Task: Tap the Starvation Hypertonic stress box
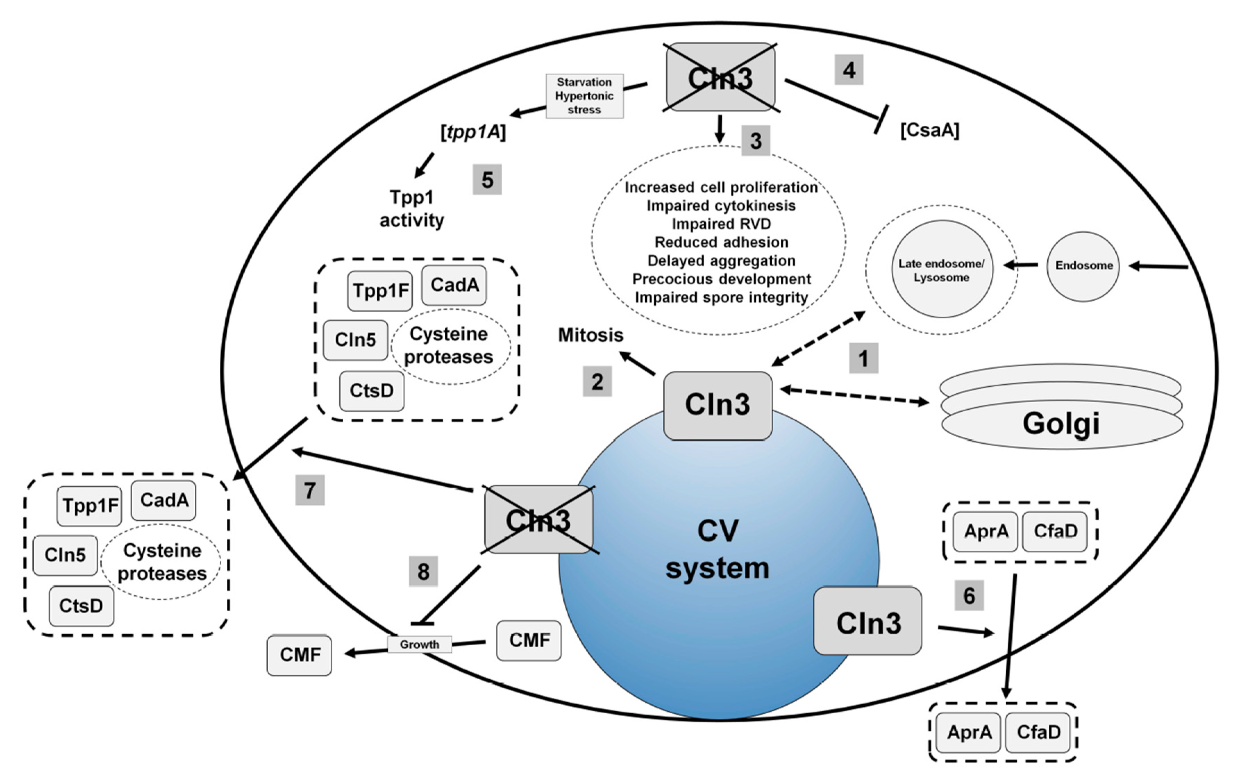tap(584, 96)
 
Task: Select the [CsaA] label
tap(929, 130)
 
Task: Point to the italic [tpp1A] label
tap(473, 132)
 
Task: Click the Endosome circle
tap(1083, 266)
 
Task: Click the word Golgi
tap(1061, 423)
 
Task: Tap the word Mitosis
tap(590, 335)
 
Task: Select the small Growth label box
tap(419, 644)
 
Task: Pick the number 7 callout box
tap(310, 490)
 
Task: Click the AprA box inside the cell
tap(986, 531)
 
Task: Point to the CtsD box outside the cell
tap(82, 606)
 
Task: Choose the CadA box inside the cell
tap(454, 285)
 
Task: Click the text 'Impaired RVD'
tap(721, 224)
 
